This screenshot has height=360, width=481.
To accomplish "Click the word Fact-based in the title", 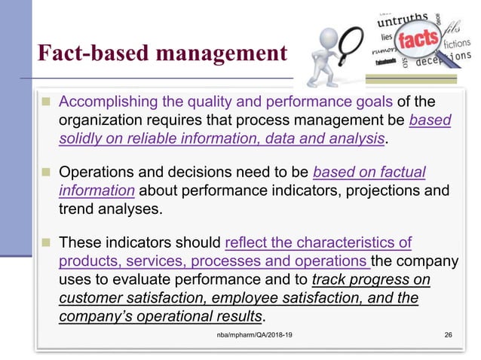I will tap(82, 54).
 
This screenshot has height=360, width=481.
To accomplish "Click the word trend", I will tap(76, 209).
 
